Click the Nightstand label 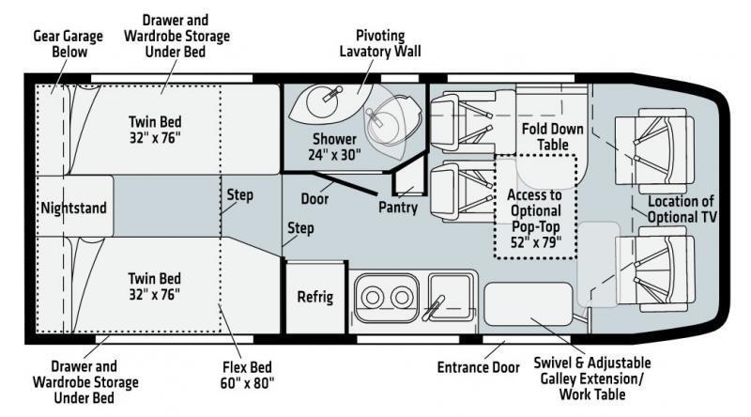pyautogui.click(x=74, y=208)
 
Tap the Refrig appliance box pyautogui.click(x=315, y=298)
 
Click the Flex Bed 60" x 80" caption pyautogui.click(x=243, y=374)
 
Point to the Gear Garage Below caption pyautogui.click(x=60, y=43)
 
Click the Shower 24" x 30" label pyautogui.click(x=335, y=147)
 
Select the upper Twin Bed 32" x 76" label pyautogui.click(x=155, y=130)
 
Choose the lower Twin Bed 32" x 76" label pyautogui.click(x=155, y=286)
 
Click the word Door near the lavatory pyautogui.click(x=315, y=199)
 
